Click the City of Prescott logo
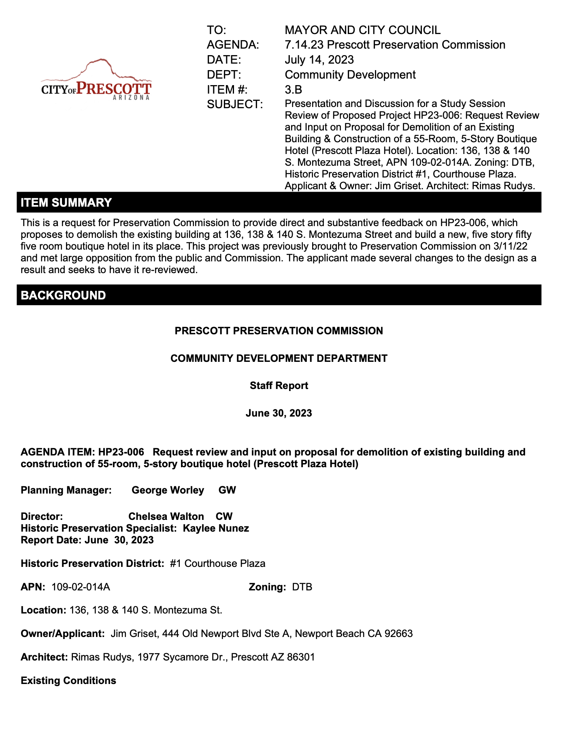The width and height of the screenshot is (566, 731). tap(96, 81)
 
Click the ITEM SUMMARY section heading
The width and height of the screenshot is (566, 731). tap(66, 203)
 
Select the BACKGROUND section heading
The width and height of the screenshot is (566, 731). tap(63, 295)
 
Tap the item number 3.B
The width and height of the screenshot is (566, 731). tap(293, 90)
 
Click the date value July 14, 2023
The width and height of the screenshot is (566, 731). tap(319, 60)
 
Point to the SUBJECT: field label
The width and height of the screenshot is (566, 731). tap(235, 105)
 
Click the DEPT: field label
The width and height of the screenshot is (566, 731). tap(224, 75)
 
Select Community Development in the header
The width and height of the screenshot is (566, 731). tap(350, 75)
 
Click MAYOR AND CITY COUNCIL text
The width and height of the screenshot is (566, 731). tap(362, 30)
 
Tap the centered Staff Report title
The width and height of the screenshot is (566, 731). tap(279, 386)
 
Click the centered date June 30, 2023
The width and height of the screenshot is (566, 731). tap(279, 413)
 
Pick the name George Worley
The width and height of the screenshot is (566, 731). tap(168, 490)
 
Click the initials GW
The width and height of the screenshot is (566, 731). tap(227, 490)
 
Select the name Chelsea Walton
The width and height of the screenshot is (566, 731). tap(166, 517)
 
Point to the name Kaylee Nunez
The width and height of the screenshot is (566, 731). tap(216, 528)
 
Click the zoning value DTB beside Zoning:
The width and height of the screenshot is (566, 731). tap(302, 587)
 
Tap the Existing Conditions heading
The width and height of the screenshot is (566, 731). tap(68, 681)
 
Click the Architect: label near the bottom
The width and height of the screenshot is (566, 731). tap(44, 657)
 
